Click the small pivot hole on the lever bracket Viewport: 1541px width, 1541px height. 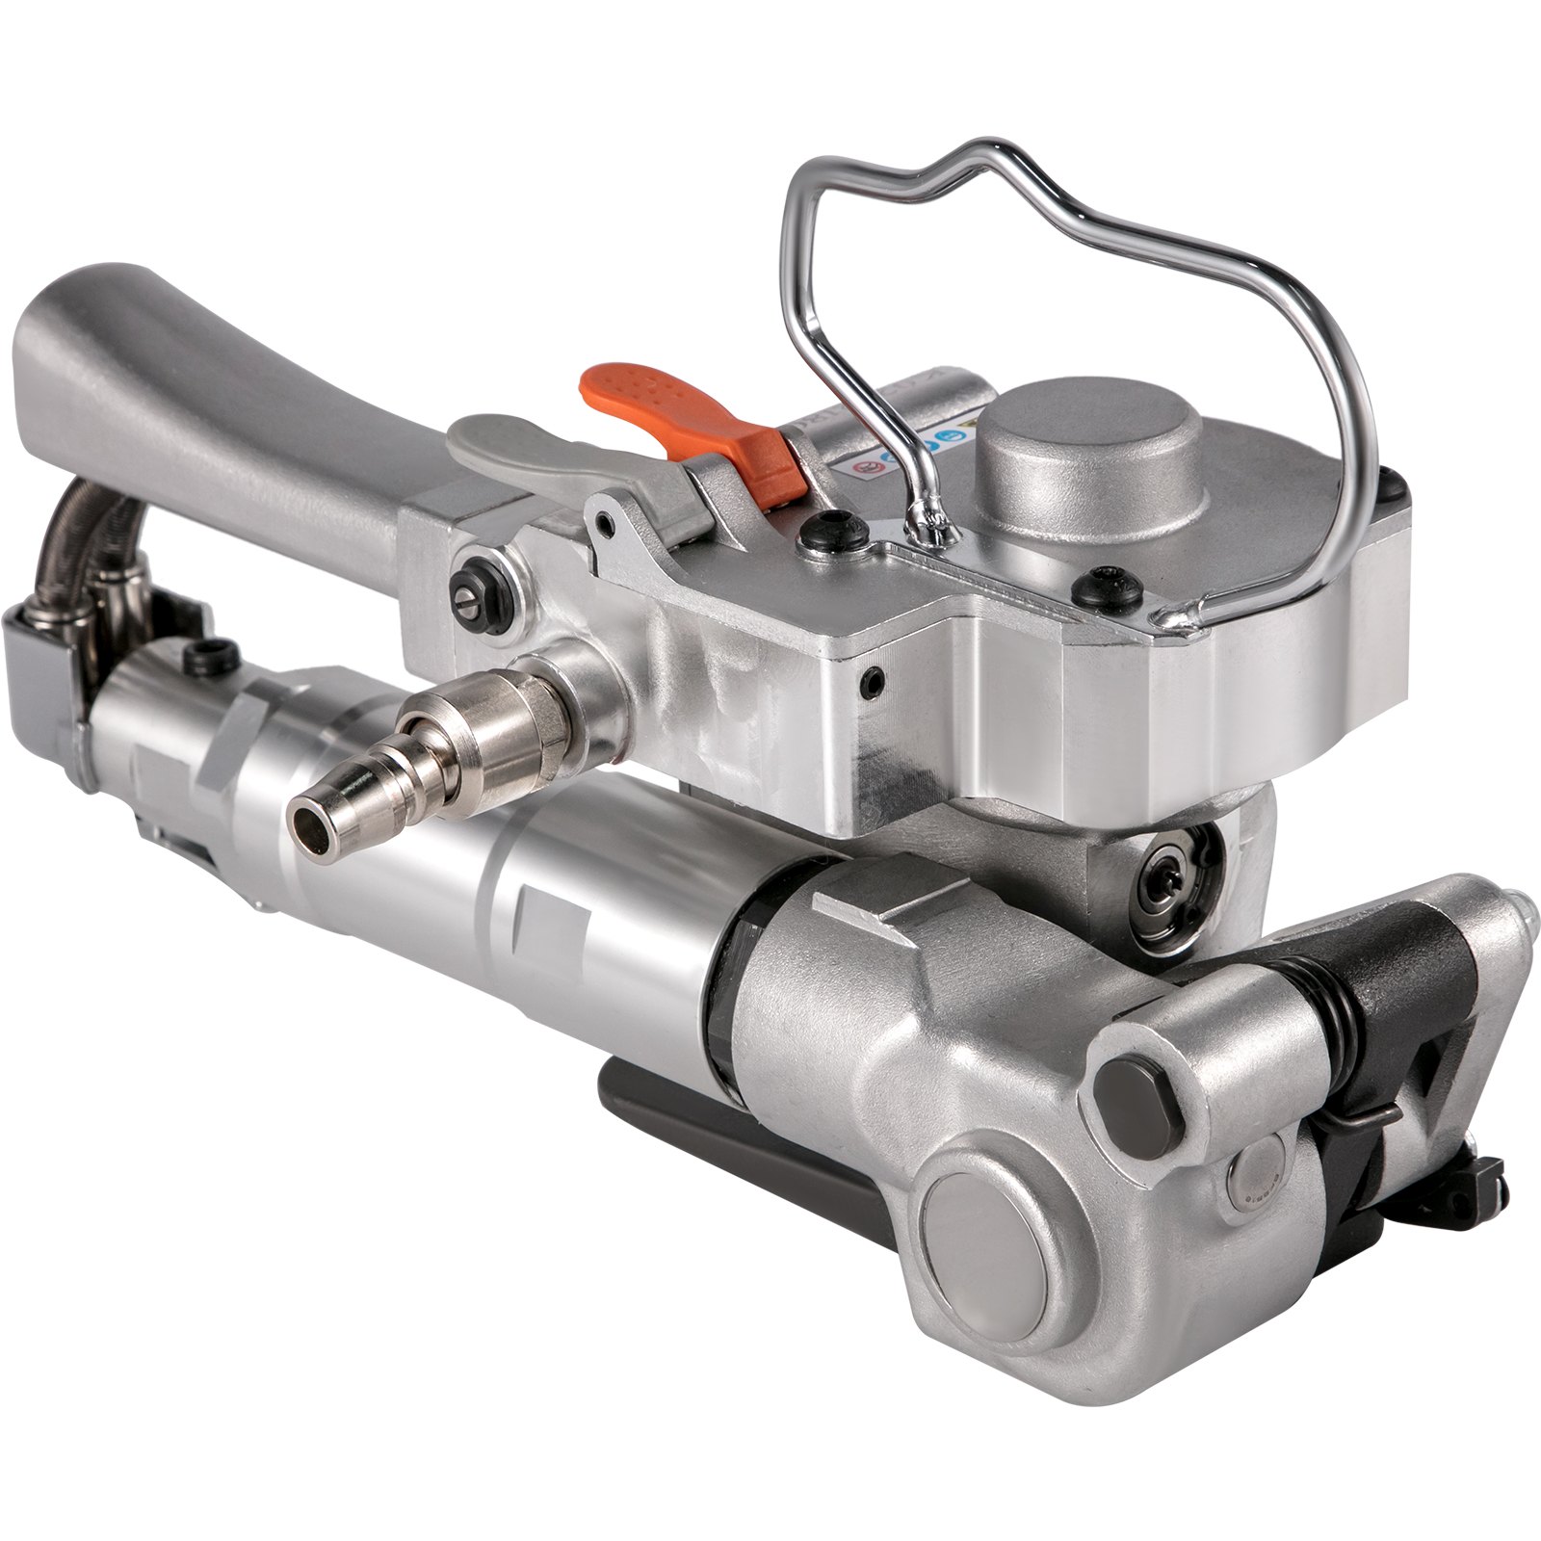(x=604, y=523)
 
